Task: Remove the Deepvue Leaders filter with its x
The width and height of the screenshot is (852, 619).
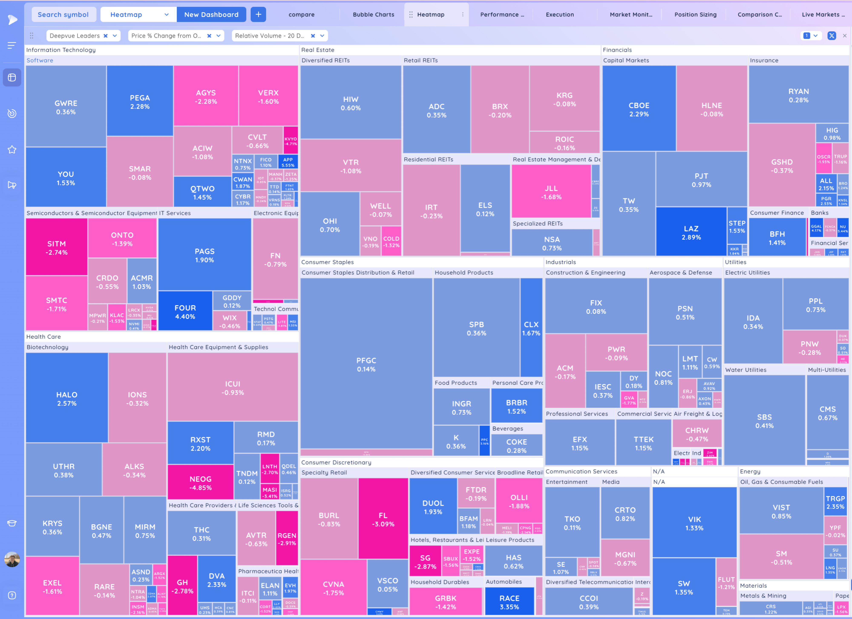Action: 106,36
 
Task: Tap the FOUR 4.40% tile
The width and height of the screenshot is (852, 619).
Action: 185,312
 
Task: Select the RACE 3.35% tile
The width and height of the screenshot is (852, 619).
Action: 509,602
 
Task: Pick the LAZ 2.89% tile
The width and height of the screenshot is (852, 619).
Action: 691,233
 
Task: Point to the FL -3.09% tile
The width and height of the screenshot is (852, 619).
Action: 383,519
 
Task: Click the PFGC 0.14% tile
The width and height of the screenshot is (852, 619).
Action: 366,364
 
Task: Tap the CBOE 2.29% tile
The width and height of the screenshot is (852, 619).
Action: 639,109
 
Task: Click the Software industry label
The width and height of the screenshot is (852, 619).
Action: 40,60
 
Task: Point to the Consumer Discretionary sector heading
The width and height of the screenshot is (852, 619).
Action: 336,462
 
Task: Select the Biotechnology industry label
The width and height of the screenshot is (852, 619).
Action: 47,347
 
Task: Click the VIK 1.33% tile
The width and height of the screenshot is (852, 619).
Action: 694,523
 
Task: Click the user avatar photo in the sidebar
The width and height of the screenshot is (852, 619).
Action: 12,559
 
